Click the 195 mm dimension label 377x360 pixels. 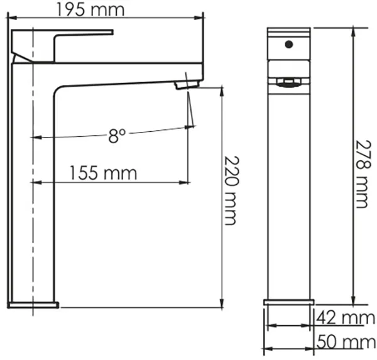point(90,10)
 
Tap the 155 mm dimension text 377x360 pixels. point(104,173)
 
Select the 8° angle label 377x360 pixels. point(117,136)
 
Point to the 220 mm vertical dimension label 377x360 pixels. point(231,190)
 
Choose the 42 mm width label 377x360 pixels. point(345,318)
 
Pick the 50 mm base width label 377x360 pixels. point(346,342)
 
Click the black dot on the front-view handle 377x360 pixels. point(289,45)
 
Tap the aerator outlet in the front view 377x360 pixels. point(289,83)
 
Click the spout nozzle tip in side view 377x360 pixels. point(188,85)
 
